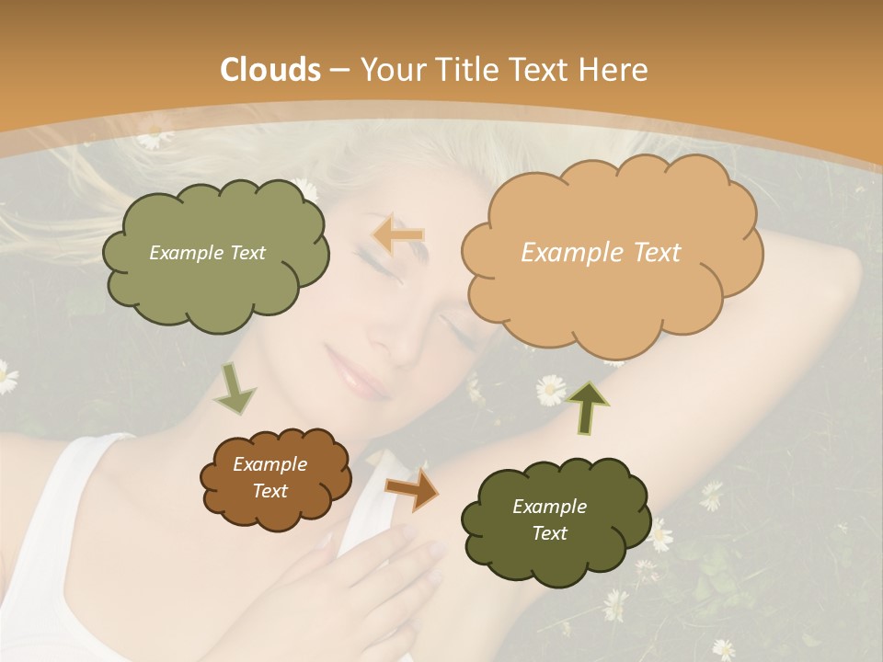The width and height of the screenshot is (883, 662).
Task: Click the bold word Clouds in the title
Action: tap(271, 70)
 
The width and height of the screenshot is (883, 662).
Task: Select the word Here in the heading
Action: tap(616, 70)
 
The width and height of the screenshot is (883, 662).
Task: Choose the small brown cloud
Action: tap(275, 478)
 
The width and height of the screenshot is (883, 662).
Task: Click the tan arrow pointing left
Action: tap(398, 235)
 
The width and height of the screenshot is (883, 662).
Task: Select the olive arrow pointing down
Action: tap(235, 388)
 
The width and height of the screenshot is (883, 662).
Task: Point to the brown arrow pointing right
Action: tap(413, 489)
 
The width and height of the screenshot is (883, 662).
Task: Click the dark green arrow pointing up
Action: tap(588, 406)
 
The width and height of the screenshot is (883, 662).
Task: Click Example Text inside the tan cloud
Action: tap(601, 253)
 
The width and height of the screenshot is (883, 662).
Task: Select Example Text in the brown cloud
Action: tap(269, 478)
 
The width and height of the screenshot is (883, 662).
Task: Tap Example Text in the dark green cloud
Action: tap(549, 519)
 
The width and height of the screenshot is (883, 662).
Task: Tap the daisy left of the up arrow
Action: tap(550, 389)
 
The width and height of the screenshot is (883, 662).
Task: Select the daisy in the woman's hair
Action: tap(155, 138)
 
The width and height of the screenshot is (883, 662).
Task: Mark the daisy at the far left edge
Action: tap(6, 377)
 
